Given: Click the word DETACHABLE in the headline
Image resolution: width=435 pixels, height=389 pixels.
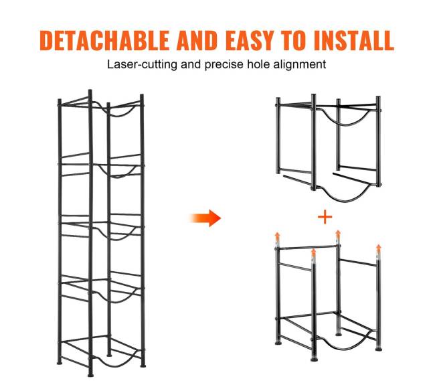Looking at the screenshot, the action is [104, 40].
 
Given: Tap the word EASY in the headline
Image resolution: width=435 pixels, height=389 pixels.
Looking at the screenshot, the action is [250, 40].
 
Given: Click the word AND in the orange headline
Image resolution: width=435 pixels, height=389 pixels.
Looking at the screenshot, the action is [197, 40].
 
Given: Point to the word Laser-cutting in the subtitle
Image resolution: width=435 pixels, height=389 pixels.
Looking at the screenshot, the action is [142, 65].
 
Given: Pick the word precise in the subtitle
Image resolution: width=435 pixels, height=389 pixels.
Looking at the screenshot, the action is [224, 65].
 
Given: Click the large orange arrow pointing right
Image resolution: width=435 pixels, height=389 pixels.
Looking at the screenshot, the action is [205, 218].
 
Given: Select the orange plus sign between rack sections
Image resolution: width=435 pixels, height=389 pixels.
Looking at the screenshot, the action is [325, 217].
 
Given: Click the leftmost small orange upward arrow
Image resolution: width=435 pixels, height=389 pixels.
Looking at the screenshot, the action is [277, 238].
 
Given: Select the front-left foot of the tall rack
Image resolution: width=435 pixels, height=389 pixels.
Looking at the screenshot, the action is [90, 375].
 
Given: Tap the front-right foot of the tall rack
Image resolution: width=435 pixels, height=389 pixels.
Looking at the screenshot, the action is [143, 366].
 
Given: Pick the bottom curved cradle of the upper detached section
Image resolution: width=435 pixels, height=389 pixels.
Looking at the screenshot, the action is [344, 198].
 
